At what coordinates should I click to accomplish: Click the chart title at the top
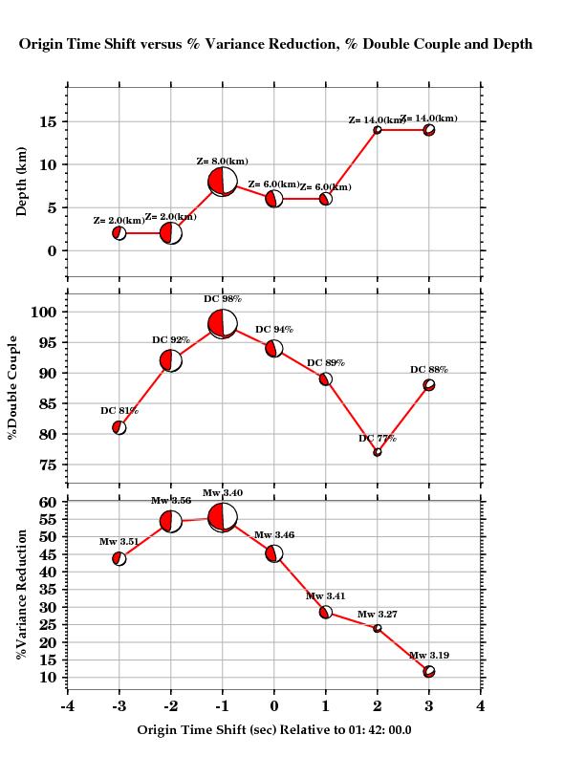[275, 44]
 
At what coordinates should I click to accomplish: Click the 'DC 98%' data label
[223, 299]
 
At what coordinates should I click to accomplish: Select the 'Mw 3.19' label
[429, 656]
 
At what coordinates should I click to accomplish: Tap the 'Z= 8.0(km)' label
[222, 162]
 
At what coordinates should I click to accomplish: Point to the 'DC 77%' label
[378, 439]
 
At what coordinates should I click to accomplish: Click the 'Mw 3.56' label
[171, 501]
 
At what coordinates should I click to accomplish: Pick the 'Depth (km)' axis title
[22, 182]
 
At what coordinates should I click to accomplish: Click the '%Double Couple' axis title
[12, 387]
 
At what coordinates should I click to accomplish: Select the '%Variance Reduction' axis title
[21, 595]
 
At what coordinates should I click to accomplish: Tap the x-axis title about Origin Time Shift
[274, 729]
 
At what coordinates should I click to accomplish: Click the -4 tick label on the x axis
[67, 706]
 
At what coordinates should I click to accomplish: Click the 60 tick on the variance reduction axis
[48, 502]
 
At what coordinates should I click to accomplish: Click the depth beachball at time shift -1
[223, 182]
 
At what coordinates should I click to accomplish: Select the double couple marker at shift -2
[171, 360]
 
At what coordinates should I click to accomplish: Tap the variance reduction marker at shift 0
[274, 553]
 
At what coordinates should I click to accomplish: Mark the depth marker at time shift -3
[119, 233]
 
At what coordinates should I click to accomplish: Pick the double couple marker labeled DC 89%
[326, 379]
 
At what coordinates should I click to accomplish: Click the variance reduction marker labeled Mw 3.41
[326, 613]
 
